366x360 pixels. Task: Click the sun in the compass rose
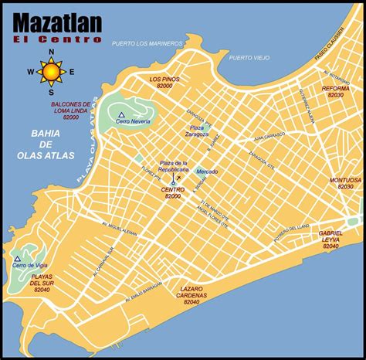pos(52,73)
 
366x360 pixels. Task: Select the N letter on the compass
pos(52,53)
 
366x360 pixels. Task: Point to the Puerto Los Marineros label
pos(147,43)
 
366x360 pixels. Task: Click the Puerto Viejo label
pos(250,57)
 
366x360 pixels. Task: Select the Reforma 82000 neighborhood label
pos(336,92)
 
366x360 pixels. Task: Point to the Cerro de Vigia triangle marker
pos(17,260)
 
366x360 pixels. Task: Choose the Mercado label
pos(206,171)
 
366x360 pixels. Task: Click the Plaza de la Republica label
pos(174,167)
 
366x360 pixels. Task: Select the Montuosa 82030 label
pos(345,182)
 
